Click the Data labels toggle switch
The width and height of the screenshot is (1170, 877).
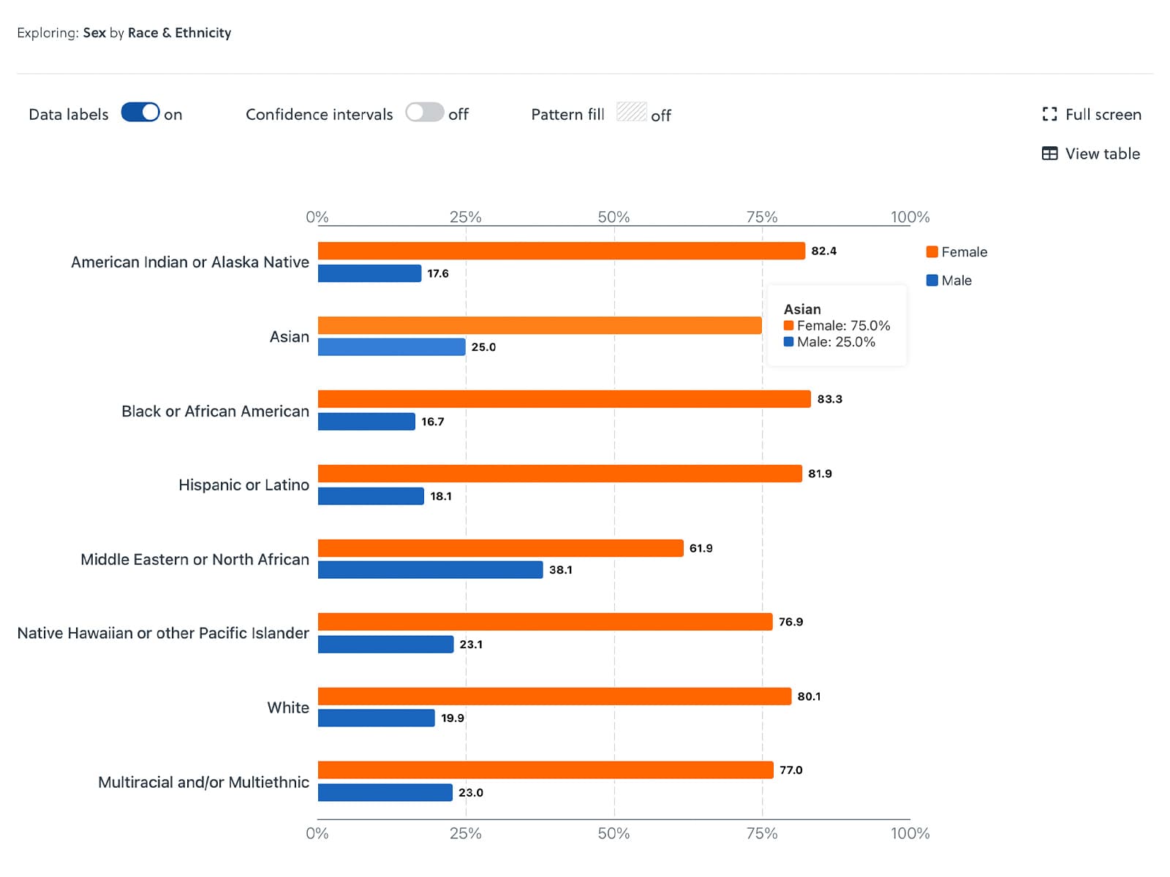pyautogui.click(x=140, y=113)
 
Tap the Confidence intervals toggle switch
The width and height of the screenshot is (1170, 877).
pyautogui.click(x=425, y=113)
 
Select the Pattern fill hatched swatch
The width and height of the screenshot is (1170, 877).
pyautogui.click(x=631, y=112)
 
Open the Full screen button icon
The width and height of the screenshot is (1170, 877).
pyautogui.click(x=1049, y=114)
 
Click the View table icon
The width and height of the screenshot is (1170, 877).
pyautogui.click(x=1049, y=153)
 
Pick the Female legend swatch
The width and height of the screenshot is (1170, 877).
pyautogui.click(x=932, y=252)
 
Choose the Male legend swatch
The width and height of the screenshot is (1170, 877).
pyautogui.click(x=932, y=281)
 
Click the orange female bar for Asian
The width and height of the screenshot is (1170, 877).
pyautogui.click(x=540, y=325)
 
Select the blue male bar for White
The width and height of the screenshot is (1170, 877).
pyautogui.click(x=376, y=718)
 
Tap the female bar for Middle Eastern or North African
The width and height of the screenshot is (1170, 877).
pyautogui.click(x=500, y=548)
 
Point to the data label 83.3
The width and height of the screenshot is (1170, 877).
pyautogui.click(x=829, y=399)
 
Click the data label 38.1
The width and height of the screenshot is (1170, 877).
pyautogui.click(x=560, y=570)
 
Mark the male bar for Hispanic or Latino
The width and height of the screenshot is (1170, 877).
pyautogui.click(x=371, y=496)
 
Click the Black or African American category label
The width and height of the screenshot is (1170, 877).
pyautogui.click(x=215, y=411)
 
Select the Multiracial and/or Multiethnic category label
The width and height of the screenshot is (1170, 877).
pyautogui.click(x=203, y=783)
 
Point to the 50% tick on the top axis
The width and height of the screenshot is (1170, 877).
pyautogui.click(x=614, y=217)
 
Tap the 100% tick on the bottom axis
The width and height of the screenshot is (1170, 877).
pyautogui.click(x=910, y=833)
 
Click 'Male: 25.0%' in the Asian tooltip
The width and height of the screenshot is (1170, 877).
pyautogui.click(x=835, y=342)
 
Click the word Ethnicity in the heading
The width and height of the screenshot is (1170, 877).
pyautogui.click(x=203, y=33)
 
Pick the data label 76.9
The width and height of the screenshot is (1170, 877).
pyautogui.click(x=790, y=622)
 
